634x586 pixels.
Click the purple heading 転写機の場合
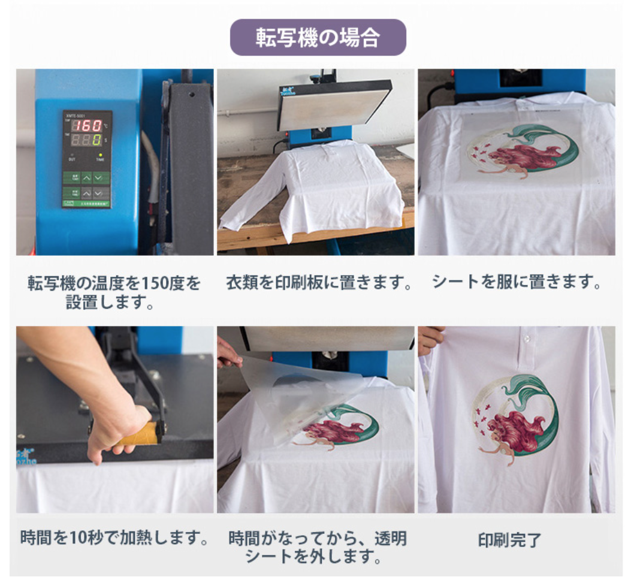point(318,37)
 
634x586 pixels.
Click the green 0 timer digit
point(97,140)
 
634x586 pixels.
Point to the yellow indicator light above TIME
point(100,155)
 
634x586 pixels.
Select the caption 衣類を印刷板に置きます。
point(319,282)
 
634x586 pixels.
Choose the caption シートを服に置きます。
point(517,282)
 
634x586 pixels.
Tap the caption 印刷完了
point(509,540)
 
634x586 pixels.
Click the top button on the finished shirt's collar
point(527,338)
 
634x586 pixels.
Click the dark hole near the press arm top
point(191,95)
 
